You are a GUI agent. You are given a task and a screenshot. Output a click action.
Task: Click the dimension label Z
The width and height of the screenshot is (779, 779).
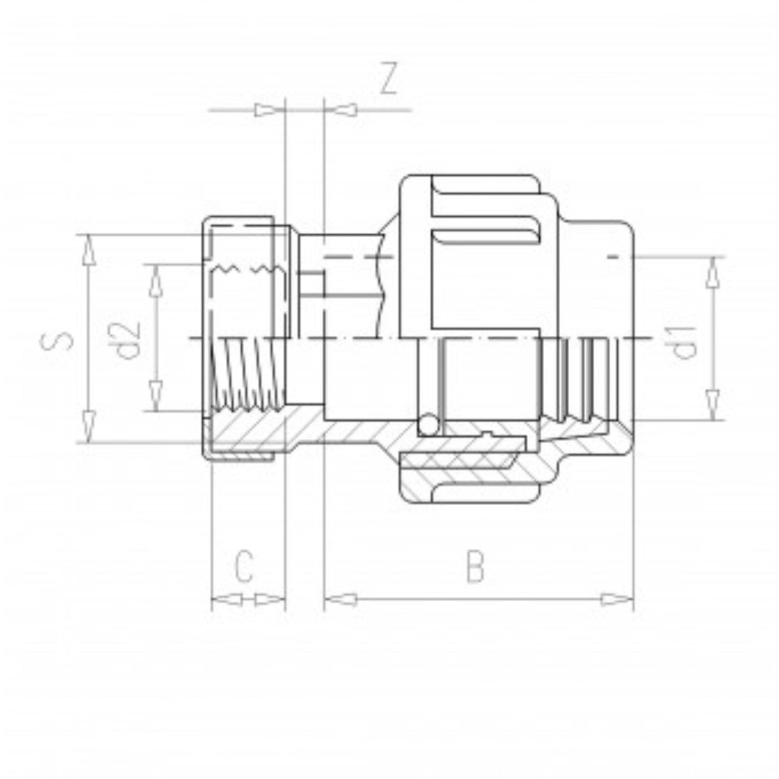click(389, 79)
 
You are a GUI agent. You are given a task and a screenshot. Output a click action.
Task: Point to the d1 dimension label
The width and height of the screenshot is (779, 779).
click(684, 340)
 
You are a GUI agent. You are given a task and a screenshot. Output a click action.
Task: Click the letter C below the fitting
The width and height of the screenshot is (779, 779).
click(244, 566)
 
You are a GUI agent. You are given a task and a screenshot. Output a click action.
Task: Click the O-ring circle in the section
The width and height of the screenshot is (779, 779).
click(429, 426)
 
